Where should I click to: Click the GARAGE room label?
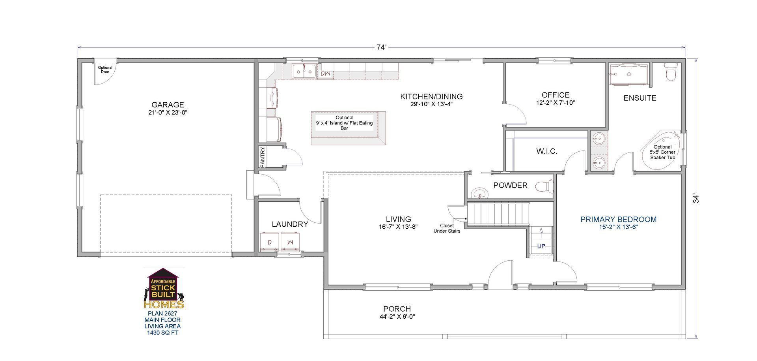click(168, 105)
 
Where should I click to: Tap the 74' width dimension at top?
click(381, 47)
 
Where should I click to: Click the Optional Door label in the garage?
click(105, 70)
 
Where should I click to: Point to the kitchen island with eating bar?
click(348, 128)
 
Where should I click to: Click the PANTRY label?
click(263, 157)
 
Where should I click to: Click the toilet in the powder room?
click(544, 186)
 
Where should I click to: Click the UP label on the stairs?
click(541, 246)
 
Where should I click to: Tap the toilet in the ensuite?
click(671, 72)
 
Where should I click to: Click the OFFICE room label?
click(555, 95)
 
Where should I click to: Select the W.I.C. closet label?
click(546, 151)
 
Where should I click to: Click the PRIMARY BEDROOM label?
click(618, 219)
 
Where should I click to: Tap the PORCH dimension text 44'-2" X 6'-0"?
click(397, 317)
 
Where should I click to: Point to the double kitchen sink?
click(304, 72)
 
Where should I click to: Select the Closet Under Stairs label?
click(447, 228)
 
